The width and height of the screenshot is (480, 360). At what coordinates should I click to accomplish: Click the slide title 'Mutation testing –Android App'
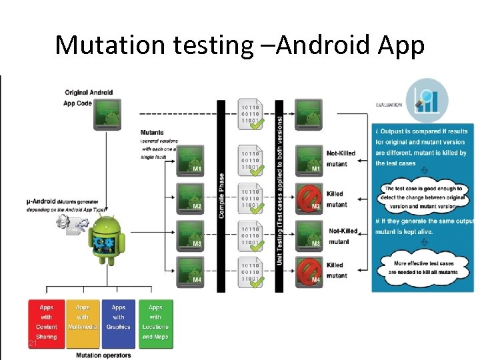[x=239, y=45]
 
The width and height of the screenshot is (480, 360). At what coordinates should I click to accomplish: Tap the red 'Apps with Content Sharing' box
[x=47, y=323]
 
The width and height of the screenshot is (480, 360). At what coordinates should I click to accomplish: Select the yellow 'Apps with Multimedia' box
[x=83, y=323]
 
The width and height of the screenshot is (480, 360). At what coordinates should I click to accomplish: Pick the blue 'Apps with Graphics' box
[x=119, y=323]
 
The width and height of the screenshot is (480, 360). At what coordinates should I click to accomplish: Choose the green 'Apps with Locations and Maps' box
[x=155, y=323]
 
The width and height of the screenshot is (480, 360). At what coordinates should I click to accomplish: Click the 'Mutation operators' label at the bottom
[x=103, y=355]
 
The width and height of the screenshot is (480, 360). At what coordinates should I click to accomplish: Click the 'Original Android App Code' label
[x=88, y=97]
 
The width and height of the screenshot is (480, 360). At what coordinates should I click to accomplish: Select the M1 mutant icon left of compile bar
[x=191, y=159]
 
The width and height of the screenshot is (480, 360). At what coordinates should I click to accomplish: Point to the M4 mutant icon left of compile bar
[x=191, y=271]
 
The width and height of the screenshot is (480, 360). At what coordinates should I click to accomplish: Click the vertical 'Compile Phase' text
[x=221, y=197]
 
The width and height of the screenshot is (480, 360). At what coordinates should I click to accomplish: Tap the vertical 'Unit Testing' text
[x=279, y=193]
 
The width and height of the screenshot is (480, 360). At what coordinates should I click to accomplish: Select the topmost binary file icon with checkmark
[x=251, y=115]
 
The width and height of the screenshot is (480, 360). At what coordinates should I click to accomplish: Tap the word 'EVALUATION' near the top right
[x=389, y=105]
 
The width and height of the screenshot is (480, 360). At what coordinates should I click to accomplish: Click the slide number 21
[x=31, y=343]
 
